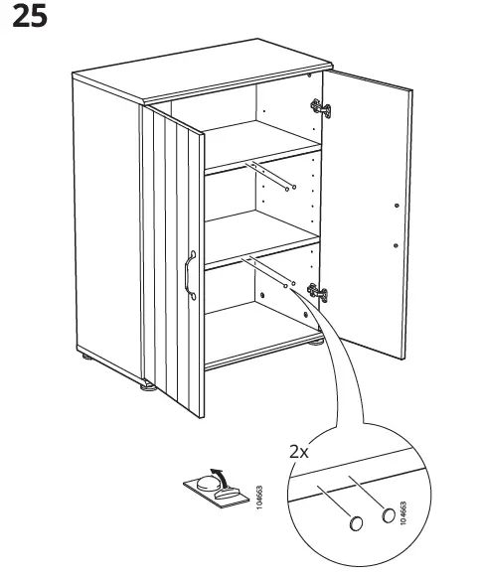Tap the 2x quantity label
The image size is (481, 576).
click(x=300, y=451)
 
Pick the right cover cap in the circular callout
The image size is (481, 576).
click(x=387, y=515)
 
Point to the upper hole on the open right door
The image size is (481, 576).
click(x=396, y=206)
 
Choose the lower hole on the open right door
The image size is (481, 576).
click(x=396, y=244)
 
